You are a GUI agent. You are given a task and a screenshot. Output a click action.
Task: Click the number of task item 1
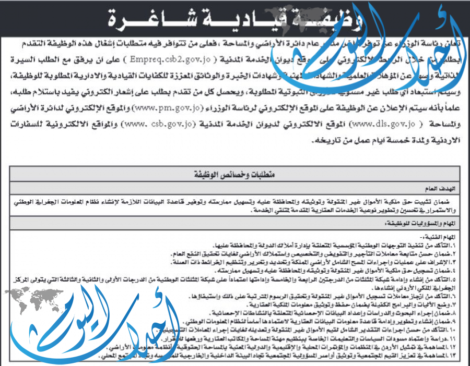(460, 245)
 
